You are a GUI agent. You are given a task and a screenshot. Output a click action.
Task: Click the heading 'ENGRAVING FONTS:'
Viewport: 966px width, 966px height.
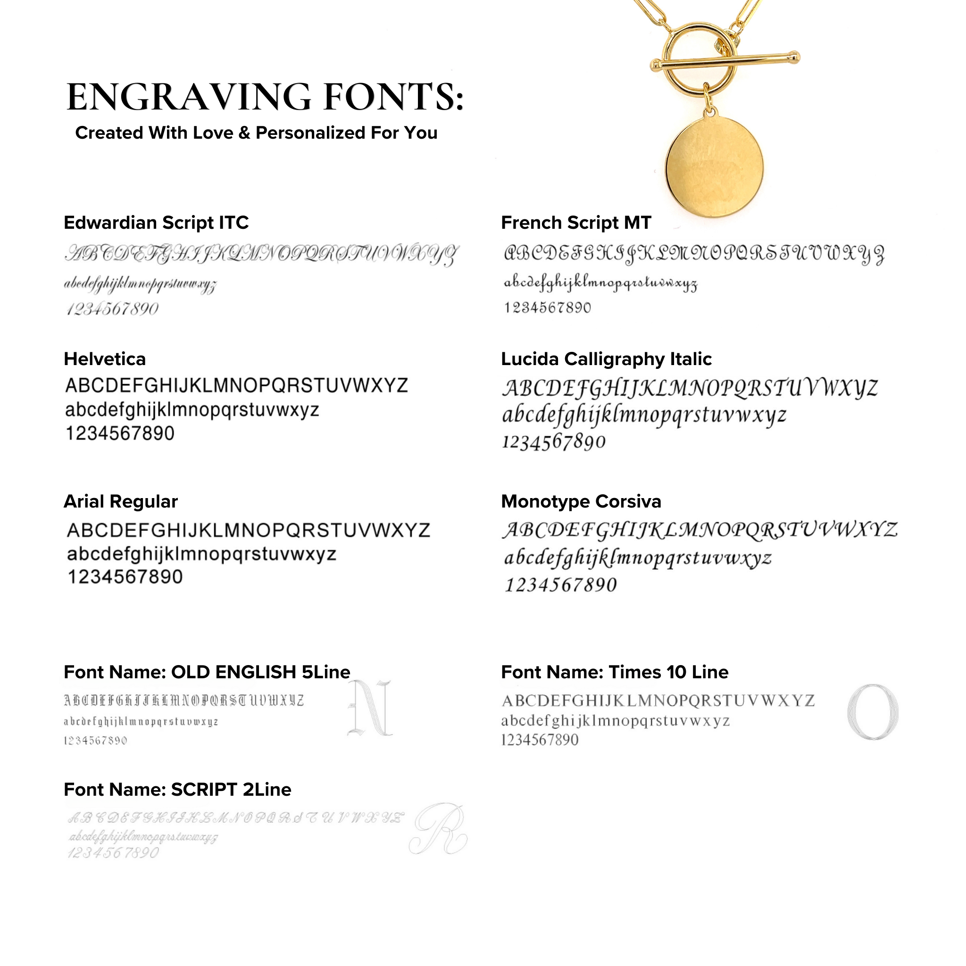tap(265, 97)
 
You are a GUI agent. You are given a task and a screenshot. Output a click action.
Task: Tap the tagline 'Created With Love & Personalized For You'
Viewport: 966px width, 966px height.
tap(256, 133)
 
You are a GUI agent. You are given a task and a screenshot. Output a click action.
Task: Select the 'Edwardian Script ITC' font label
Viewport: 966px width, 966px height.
tap(156, 223)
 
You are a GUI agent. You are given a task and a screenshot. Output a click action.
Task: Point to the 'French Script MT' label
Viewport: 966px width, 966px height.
tap(576, 223)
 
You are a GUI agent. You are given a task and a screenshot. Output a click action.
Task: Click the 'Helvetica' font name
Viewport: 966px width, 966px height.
tap(105, 359)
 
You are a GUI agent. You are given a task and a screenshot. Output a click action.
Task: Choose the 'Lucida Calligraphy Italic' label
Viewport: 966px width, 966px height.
tap(606, 359)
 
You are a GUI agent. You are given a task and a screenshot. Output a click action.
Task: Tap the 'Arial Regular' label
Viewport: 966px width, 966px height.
tap(120, 501)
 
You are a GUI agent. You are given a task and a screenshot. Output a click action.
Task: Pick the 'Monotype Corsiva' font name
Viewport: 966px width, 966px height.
tap(581, 501)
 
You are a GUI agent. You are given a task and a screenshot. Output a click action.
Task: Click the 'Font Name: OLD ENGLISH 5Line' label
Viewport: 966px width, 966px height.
tap(207, 672)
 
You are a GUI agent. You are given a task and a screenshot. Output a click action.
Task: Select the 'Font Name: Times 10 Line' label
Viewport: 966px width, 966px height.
tap(615, 672)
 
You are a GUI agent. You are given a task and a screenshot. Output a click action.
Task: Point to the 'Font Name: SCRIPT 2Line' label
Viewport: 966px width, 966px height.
tap(177, 790)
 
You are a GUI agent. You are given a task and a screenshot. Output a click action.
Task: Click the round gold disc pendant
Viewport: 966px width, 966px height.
tap(714, 167)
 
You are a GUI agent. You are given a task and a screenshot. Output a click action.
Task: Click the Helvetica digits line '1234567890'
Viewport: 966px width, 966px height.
tap(120, 433)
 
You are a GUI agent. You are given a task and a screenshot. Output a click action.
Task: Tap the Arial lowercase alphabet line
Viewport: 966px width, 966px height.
tap(201, 555)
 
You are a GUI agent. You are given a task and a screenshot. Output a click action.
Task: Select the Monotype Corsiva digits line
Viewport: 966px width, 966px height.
tap(560, 584)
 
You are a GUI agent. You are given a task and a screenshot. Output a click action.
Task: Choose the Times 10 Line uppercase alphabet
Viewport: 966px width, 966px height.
tap(658, 700)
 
